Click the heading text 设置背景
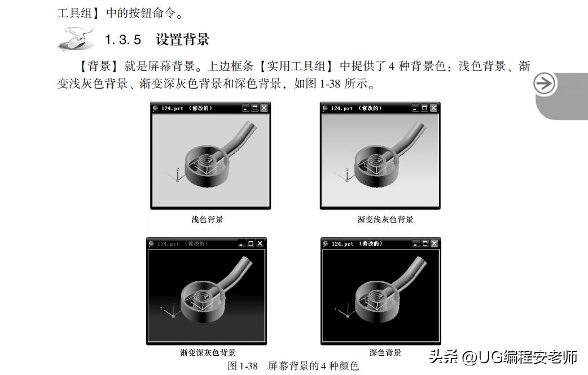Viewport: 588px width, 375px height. (182, 40)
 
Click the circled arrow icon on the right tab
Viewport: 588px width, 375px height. (545, 84)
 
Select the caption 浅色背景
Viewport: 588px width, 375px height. (207, 219)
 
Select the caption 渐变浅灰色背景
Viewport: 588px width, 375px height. (385, 219)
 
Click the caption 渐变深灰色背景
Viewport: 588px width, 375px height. (208, 353)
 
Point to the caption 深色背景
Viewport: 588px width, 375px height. (385, 352)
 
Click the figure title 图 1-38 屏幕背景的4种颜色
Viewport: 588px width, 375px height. (293, 366)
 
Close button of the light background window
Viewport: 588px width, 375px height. (264, 108)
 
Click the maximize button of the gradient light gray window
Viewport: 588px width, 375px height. (424, 108)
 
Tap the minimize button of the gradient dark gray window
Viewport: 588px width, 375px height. (242, 243)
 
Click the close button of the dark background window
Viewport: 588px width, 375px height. (434, 243)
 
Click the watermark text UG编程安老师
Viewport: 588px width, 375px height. (519, 357)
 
